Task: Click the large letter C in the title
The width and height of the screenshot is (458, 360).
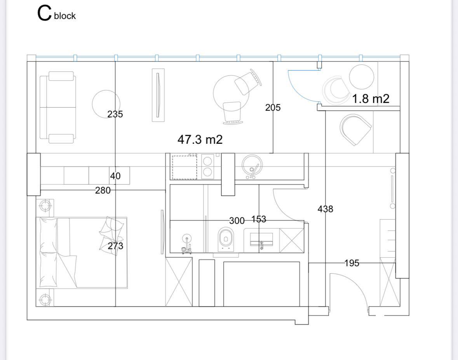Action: (44, 14)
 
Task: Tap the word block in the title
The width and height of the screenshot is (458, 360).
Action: (65, 16)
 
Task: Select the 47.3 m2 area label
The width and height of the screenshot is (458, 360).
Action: (200, 140)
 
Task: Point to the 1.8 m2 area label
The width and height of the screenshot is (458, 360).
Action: (371, 99)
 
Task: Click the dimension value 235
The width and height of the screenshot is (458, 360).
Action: (115, 114)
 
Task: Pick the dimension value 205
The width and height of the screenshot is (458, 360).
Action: (273, 108)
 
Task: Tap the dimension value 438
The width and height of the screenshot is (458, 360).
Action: (325, 209)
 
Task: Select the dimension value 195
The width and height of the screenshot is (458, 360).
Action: (352, 263)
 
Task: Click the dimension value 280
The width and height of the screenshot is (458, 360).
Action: (103, 190)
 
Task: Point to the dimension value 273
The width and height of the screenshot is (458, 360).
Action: (115, 246)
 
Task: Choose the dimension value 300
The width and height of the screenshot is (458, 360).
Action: (237, 220)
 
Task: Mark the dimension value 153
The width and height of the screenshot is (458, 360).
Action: (259, 219)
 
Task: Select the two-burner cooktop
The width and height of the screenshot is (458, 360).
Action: (207, 166)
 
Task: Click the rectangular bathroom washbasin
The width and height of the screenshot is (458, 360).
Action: (261, 239)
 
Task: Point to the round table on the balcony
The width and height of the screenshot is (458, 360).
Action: (361, 77)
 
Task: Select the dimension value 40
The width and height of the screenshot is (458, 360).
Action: (115, 176)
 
